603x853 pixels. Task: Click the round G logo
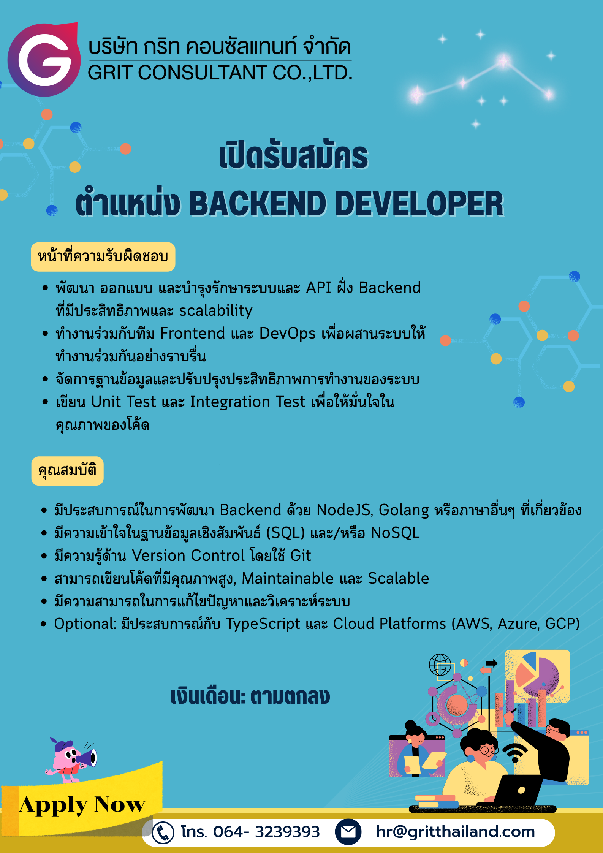coord(44,60)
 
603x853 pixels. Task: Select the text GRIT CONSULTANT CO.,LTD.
coord(220,73)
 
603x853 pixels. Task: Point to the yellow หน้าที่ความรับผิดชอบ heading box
coord(103,257)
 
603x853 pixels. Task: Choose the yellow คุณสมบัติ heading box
coord(67,471)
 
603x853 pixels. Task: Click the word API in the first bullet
coord(318,288)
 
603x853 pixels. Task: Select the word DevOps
coord(287,334)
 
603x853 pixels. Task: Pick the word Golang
coord(404,510)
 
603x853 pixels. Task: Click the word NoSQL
coord(395,533)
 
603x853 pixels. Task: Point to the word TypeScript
coord(263,624)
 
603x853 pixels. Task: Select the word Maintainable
coord(288,579)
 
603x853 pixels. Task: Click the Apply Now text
coord(82,804)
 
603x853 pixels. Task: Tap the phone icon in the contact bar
coord(163,832)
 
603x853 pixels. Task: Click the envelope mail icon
coord(348,832)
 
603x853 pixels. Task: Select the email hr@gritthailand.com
coord(455,832)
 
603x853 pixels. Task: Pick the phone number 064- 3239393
coord(266,832)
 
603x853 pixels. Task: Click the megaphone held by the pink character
coord(87,758)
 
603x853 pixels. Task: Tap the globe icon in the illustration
coord(440,665)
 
